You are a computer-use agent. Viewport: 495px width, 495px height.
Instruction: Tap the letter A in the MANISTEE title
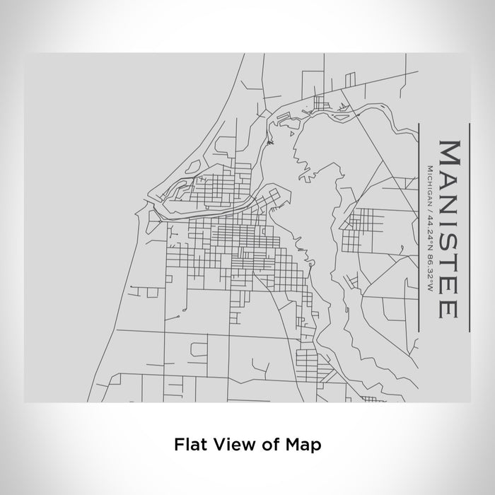coord(450,177)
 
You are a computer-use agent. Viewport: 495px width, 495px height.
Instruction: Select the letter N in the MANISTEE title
coord(450,200)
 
